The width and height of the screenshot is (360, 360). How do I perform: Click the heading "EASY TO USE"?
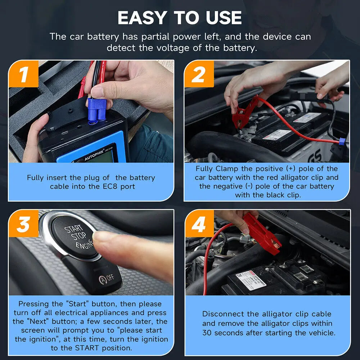[x=180, y=18]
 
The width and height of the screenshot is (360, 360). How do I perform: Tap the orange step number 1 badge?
[x=23, y=74]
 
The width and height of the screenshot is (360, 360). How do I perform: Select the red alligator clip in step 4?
[x=261, y=233]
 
